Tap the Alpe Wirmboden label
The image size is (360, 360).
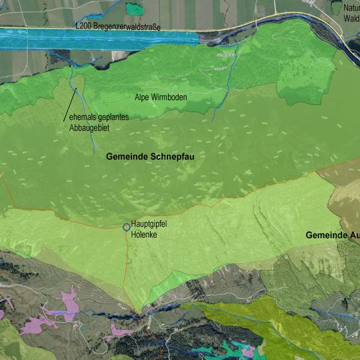[161, 97]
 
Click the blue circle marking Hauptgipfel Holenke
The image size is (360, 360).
[126, 227]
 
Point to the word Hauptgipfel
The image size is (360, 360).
[149, 223]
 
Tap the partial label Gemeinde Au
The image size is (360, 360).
[332, 235]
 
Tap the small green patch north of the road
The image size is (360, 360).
[135, 8]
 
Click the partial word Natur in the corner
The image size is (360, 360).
[351, 8]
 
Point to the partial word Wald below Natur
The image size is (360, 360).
[351, 19]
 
